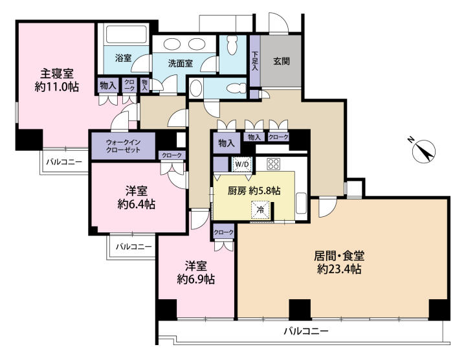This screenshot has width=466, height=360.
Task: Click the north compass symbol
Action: [424, 151]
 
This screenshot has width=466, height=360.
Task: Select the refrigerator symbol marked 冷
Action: [261, 210]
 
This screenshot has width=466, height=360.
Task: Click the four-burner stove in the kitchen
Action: [273, 164]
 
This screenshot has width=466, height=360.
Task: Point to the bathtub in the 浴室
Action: [127, 34]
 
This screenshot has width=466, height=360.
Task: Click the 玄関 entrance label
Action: [281, 62]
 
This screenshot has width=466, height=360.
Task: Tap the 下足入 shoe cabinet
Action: [255, 61]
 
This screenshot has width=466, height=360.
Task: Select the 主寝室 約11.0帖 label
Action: [57, 80]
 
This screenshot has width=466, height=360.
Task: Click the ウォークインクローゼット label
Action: [124, 146]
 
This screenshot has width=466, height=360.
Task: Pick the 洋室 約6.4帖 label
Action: [136, 197]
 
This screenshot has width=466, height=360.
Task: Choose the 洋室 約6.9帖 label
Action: [196, 273]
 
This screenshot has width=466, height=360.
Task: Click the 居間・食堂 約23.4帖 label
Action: [339, 262]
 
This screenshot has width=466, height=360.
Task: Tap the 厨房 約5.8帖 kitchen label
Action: [254, 190]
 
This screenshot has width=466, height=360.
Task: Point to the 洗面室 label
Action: [181, 63]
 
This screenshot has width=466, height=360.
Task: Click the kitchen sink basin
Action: [301, 203]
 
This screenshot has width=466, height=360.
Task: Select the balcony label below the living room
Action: [305, 331]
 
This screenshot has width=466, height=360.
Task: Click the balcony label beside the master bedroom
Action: [63, 162]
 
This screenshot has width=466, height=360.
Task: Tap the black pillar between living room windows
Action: [300, 309]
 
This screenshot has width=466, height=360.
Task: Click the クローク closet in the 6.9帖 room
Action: [223, 232]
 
